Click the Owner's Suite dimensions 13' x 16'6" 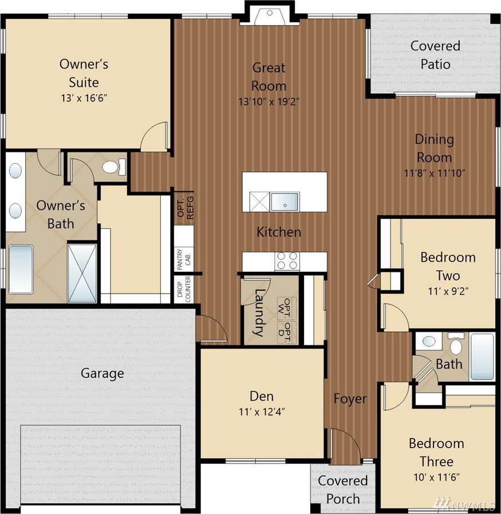84,98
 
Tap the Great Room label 269,77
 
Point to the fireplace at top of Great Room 270,16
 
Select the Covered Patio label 435,55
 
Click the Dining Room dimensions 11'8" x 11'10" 435,173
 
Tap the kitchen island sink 285,201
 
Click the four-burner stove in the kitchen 287,261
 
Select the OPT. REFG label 186,208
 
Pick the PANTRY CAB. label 184,259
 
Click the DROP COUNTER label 184,288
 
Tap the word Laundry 259,313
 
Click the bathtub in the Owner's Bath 21,269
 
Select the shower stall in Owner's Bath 82,273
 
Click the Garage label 102,373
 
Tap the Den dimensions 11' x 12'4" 262,412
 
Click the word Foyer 350,399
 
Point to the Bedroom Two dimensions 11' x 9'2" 448,291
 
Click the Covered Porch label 343,490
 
